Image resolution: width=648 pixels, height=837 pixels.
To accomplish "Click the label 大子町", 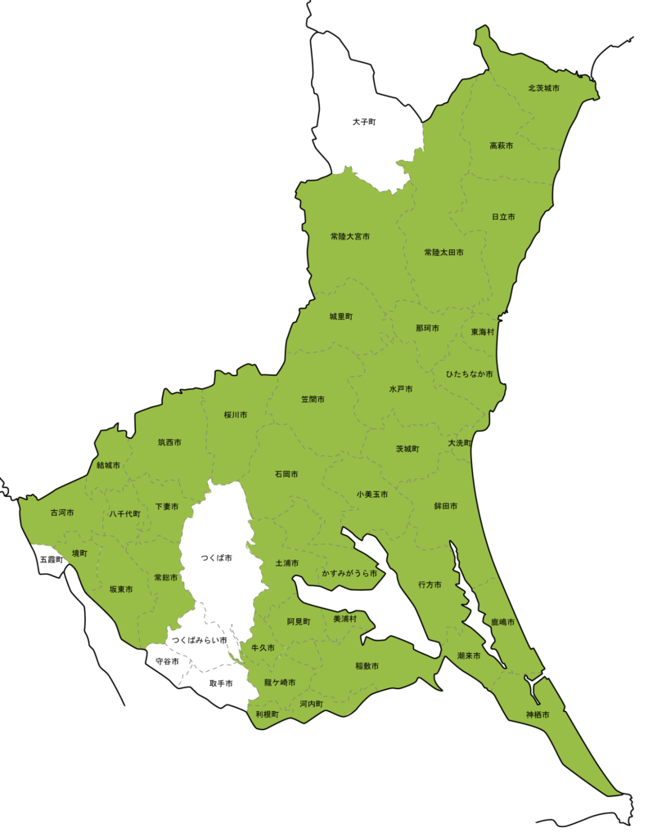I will (364, 121).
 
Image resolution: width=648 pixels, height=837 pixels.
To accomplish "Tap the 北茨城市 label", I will (543, 87).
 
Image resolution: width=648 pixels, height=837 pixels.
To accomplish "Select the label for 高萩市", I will (501, 145).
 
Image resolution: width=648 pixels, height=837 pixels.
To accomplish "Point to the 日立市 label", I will (503, 217).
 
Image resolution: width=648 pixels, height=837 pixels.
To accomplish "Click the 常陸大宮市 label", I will (349, 236).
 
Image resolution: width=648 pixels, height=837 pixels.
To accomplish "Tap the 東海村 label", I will (483, 332).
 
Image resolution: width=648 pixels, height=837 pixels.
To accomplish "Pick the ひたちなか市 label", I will (469, 374).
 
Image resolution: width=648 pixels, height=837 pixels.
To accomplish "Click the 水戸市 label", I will (401, 389).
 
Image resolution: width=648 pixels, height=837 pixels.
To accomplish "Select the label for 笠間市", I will (313, 400).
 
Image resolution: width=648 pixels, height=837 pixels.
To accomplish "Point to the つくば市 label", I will (216, 557).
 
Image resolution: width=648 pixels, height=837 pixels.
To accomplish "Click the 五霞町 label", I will (51, 560).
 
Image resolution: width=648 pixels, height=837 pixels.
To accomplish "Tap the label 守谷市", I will (167, 660).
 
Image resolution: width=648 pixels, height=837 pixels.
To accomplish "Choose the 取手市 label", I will (221, 683).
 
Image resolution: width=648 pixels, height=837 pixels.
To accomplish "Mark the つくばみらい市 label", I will (199, 640).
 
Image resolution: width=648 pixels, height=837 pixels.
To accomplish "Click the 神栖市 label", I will (538, 714).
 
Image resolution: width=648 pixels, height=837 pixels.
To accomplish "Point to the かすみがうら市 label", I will (349, 574).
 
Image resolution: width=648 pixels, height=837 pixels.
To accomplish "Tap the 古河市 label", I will (61, 512).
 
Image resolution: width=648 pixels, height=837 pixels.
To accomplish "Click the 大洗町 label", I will (460, 442).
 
